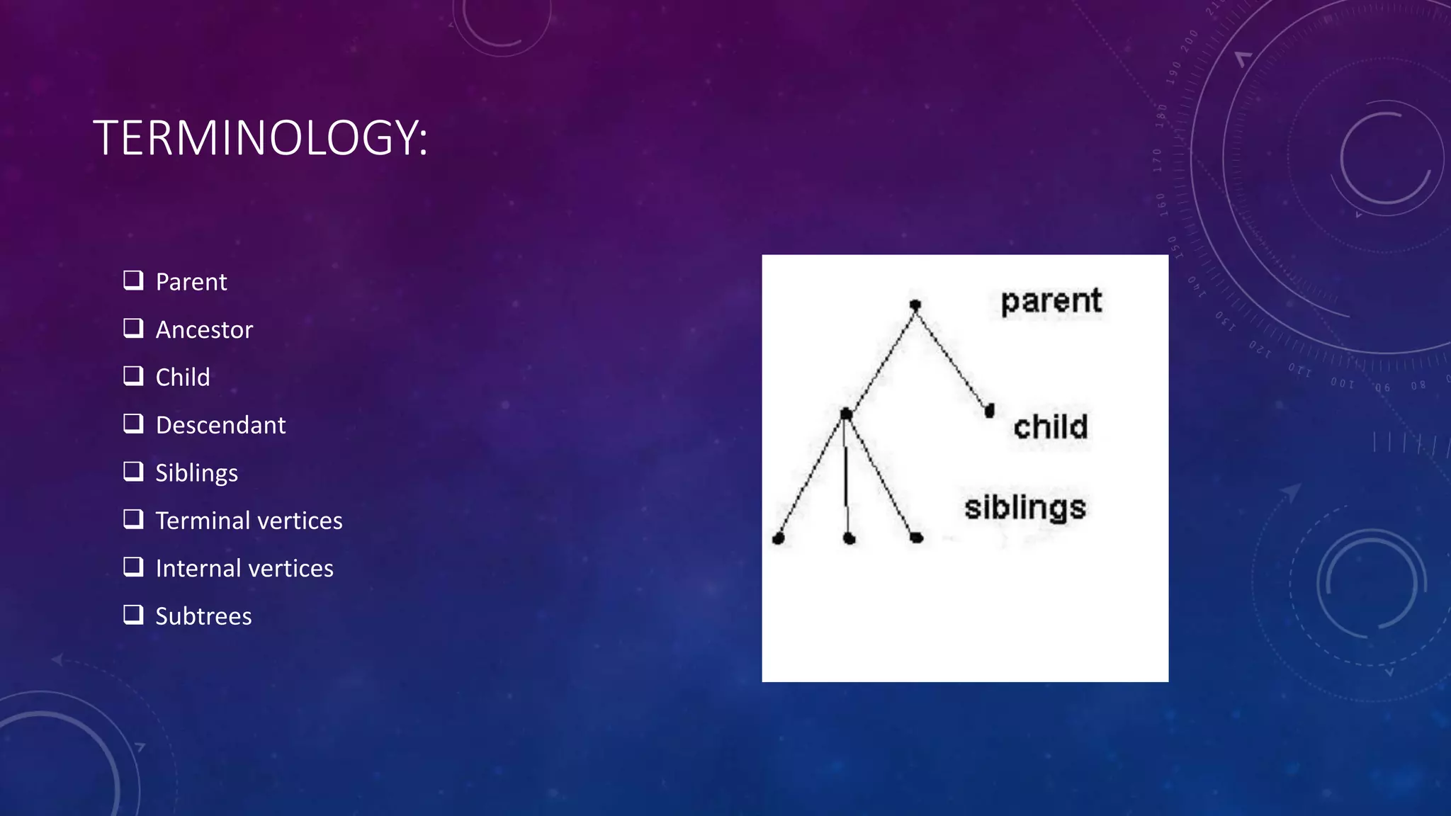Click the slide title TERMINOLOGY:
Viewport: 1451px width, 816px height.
(260, 137)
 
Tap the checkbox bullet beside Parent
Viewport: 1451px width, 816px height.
(133, 280)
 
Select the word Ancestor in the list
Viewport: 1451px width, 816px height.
(204, 330)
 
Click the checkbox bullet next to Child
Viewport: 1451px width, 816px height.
(133, 376)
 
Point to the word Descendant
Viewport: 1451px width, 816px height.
(220, 426)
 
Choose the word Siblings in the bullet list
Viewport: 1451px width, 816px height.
(196, 473)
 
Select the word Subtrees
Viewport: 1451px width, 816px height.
(203, 616)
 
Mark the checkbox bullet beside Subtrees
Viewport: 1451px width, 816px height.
(133, 615)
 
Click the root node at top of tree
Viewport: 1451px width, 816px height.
(915, 305)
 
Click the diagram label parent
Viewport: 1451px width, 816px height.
(1051, 302)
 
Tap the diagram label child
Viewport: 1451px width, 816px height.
(1050, 427)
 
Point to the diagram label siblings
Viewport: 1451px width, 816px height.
(1024, 508)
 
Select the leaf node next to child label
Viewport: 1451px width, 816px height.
(990, 410)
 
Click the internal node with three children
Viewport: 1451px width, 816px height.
(845, 414)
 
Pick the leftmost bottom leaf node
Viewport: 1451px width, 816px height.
(778, 539)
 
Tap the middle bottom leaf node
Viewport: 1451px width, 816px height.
(849, 539)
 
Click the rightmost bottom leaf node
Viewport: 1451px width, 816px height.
(916, 538)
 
